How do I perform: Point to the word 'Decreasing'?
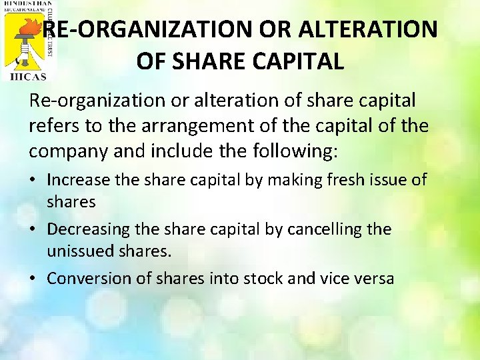pos(89,229)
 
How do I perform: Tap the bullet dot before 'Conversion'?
pos(34,279)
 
